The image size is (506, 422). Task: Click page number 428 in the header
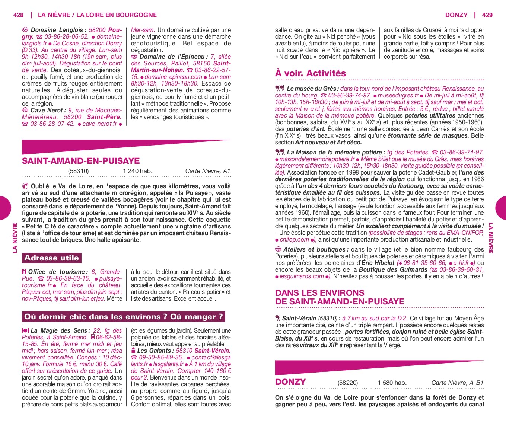18,15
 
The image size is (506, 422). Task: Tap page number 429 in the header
487,15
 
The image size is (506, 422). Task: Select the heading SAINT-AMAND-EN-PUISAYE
81,161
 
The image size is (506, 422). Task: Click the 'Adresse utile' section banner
51,258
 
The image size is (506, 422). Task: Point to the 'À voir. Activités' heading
311,73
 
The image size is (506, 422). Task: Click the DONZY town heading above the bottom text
290,382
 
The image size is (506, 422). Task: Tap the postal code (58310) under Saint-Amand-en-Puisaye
78,171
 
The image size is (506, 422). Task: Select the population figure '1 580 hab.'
392,383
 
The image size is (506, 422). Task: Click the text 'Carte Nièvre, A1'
208,171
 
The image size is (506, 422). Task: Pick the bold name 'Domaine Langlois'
57,30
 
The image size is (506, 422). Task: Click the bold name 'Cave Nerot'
47,110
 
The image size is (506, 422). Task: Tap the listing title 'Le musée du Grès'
312,89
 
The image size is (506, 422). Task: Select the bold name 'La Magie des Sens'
59,330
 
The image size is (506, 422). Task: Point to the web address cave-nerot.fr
99,124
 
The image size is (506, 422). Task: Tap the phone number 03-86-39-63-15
68,278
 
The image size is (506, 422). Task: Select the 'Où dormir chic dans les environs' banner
124,317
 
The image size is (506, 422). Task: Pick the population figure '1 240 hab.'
137,171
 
